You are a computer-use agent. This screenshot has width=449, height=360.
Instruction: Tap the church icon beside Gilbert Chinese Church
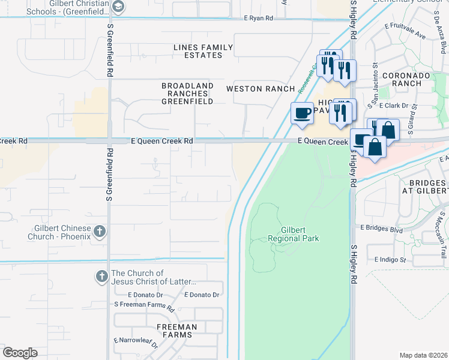[100, 231]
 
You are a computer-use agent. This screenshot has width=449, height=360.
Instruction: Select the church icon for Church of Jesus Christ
[101, 277]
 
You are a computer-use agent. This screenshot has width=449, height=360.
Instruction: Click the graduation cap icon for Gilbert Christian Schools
[119, 7]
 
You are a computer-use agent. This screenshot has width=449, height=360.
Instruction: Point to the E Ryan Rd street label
[258, 19]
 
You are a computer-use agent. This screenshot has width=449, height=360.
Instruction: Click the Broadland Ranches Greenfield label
[187, 94]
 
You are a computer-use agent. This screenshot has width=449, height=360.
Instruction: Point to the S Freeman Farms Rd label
[144, 305]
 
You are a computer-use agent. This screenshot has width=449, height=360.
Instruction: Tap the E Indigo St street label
[390, 260]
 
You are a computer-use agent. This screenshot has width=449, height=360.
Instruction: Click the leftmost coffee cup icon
[302, 113]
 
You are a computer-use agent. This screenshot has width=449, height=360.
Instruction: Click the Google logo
[20, 353]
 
